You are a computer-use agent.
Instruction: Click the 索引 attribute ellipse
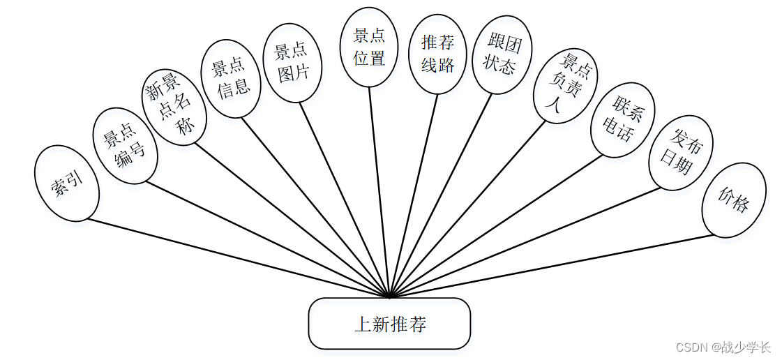(x=66, y=183)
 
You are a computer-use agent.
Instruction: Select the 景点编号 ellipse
(x=124, y=146)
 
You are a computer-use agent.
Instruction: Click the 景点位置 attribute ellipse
(x=368, y=47)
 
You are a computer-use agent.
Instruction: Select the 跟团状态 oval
(x=500, y=55)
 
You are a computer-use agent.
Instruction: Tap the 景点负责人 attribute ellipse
(x=564, y=85)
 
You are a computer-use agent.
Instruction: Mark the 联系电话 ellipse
(x=622, y=119)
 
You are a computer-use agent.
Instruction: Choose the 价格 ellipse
(x=733, y=200)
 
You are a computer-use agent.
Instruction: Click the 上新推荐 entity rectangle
(x=389, y=324)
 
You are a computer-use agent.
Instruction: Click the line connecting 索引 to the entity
(x=237, y=259)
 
